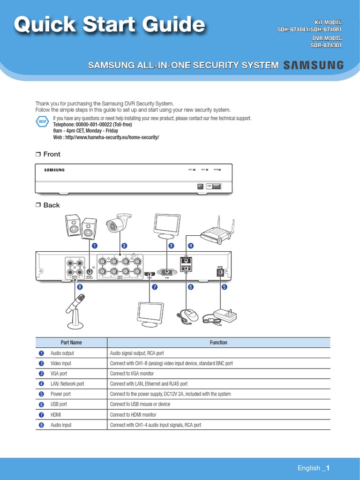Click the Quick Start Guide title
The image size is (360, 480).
109,24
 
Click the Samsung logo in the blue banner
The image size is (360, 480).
313,65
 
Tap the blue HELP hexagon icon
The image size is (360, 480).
42,122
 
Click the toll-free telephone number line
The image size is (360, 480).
92,125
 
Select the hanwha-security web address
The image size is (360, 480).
106,137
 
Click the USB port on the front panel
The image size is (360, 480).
216,187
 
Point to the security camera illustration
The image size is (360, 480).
117,224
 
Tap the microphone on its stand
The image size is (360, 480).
75,310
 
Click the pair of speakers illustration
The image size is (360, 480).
81,227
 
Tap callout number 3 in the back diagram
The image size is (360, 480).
171,246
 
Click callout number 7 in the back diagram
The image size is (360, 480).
154,287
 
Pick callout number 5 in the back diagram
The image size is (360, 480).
224,287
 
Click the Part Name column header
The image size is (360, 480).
71,343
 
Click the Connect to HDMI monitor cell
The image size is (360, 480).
133,415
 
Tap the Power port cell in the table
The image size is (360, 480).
60,394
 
